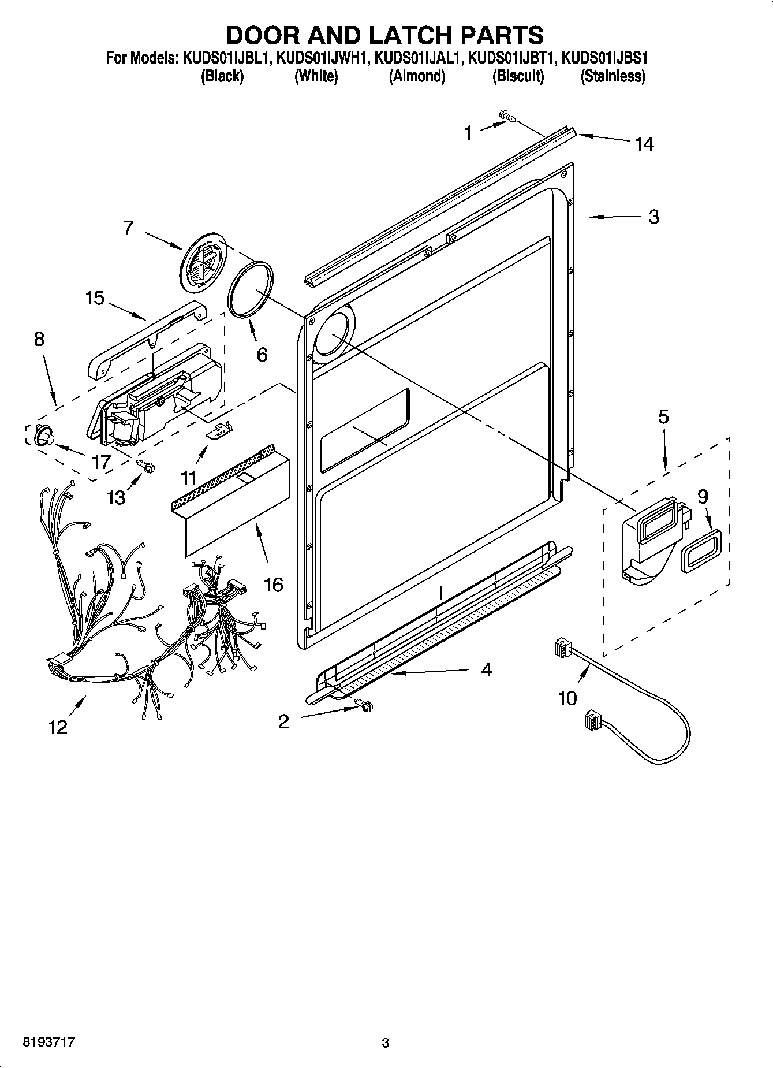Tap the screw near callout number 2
(x=364, y=704)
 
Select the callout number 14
(x=644, y=144)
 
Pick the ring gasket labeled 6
(x=251, y=288)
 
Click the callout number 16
(x=273, y=585)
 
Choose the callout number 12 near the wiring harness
(x=58, y=727)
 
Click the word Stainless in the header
(x=613, y=76)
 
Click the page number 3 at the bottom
(x=386, y=1043)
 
